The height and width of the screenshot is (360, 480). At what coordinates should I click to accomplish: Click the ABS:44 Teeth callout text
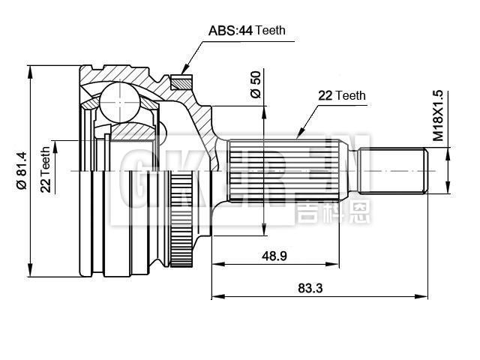pyautogui.click(x=246, y=31)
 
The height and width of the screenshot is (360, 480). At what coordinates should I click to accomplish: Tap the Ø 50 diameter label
pyautogui.click(x=254, y=84)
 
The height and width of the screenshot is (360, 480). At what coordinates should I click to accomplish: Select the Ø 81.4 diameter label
pyautogui.click(x=22, y=173)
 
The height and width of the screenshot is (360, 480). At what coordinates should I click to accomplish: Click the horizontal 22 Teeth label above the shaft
pyautogui.click(x=341, y=95)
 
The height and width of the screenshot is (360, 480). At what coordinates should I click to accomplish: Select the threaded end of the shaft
pyautogui.click(x=393, y=172)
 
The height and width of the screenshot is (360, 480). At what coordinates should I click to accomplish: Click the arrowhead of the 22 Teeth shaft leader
pyautogui.click(x=298, y=137)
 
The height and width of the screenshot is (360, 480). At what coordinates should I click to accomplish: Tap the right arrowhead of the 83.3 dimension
pyautogui.click(x=425, y=297)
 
